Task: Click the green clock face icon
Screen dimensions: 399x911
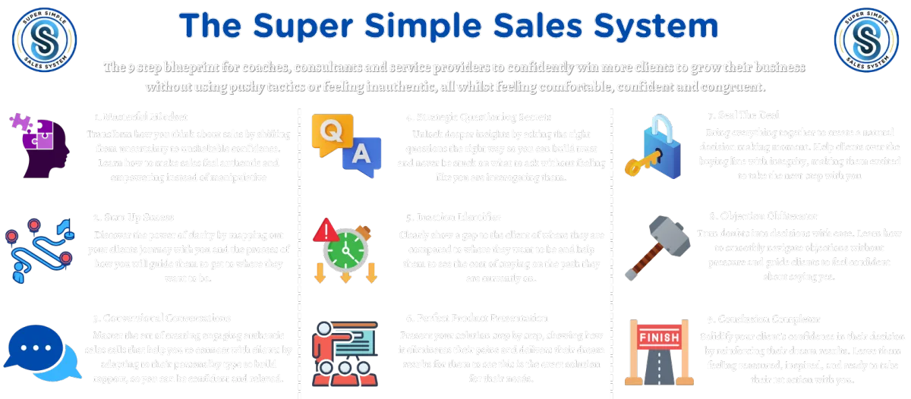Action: [345, 251]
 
